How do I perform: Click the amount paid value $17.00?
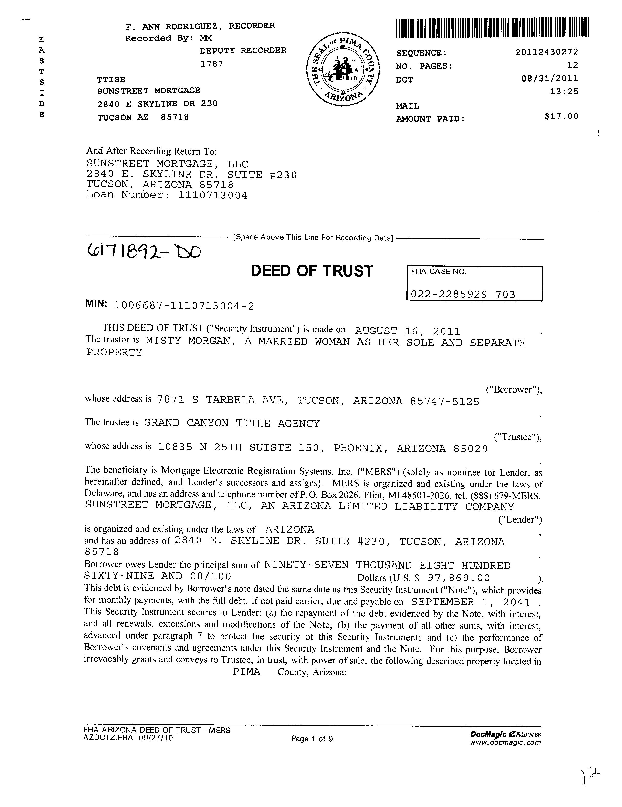pyautogui.click(x=561, y=117)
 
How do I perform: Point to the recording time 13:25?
pyautogui.click(x=564, y=92)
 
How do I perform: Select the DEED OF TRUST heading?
pyautogui.click(x=312, y=271)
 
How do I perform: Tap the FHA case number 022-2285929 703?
pyautogui.click(x=463, y=294)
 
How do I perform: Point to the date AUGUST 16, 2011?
pyautogui.click(x=407, y=331)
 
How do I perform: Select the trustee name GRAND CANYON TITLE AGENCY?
pyautogui.click(x=231, y=424)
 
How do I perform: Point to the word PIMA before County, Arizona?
pyautogui.click(x=246, y=672)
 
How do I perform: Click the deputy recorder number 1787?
pyautogui.click(x=212, y=64)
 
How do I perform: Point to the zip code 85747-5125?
pyautogui.click(x=445, y=401)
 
